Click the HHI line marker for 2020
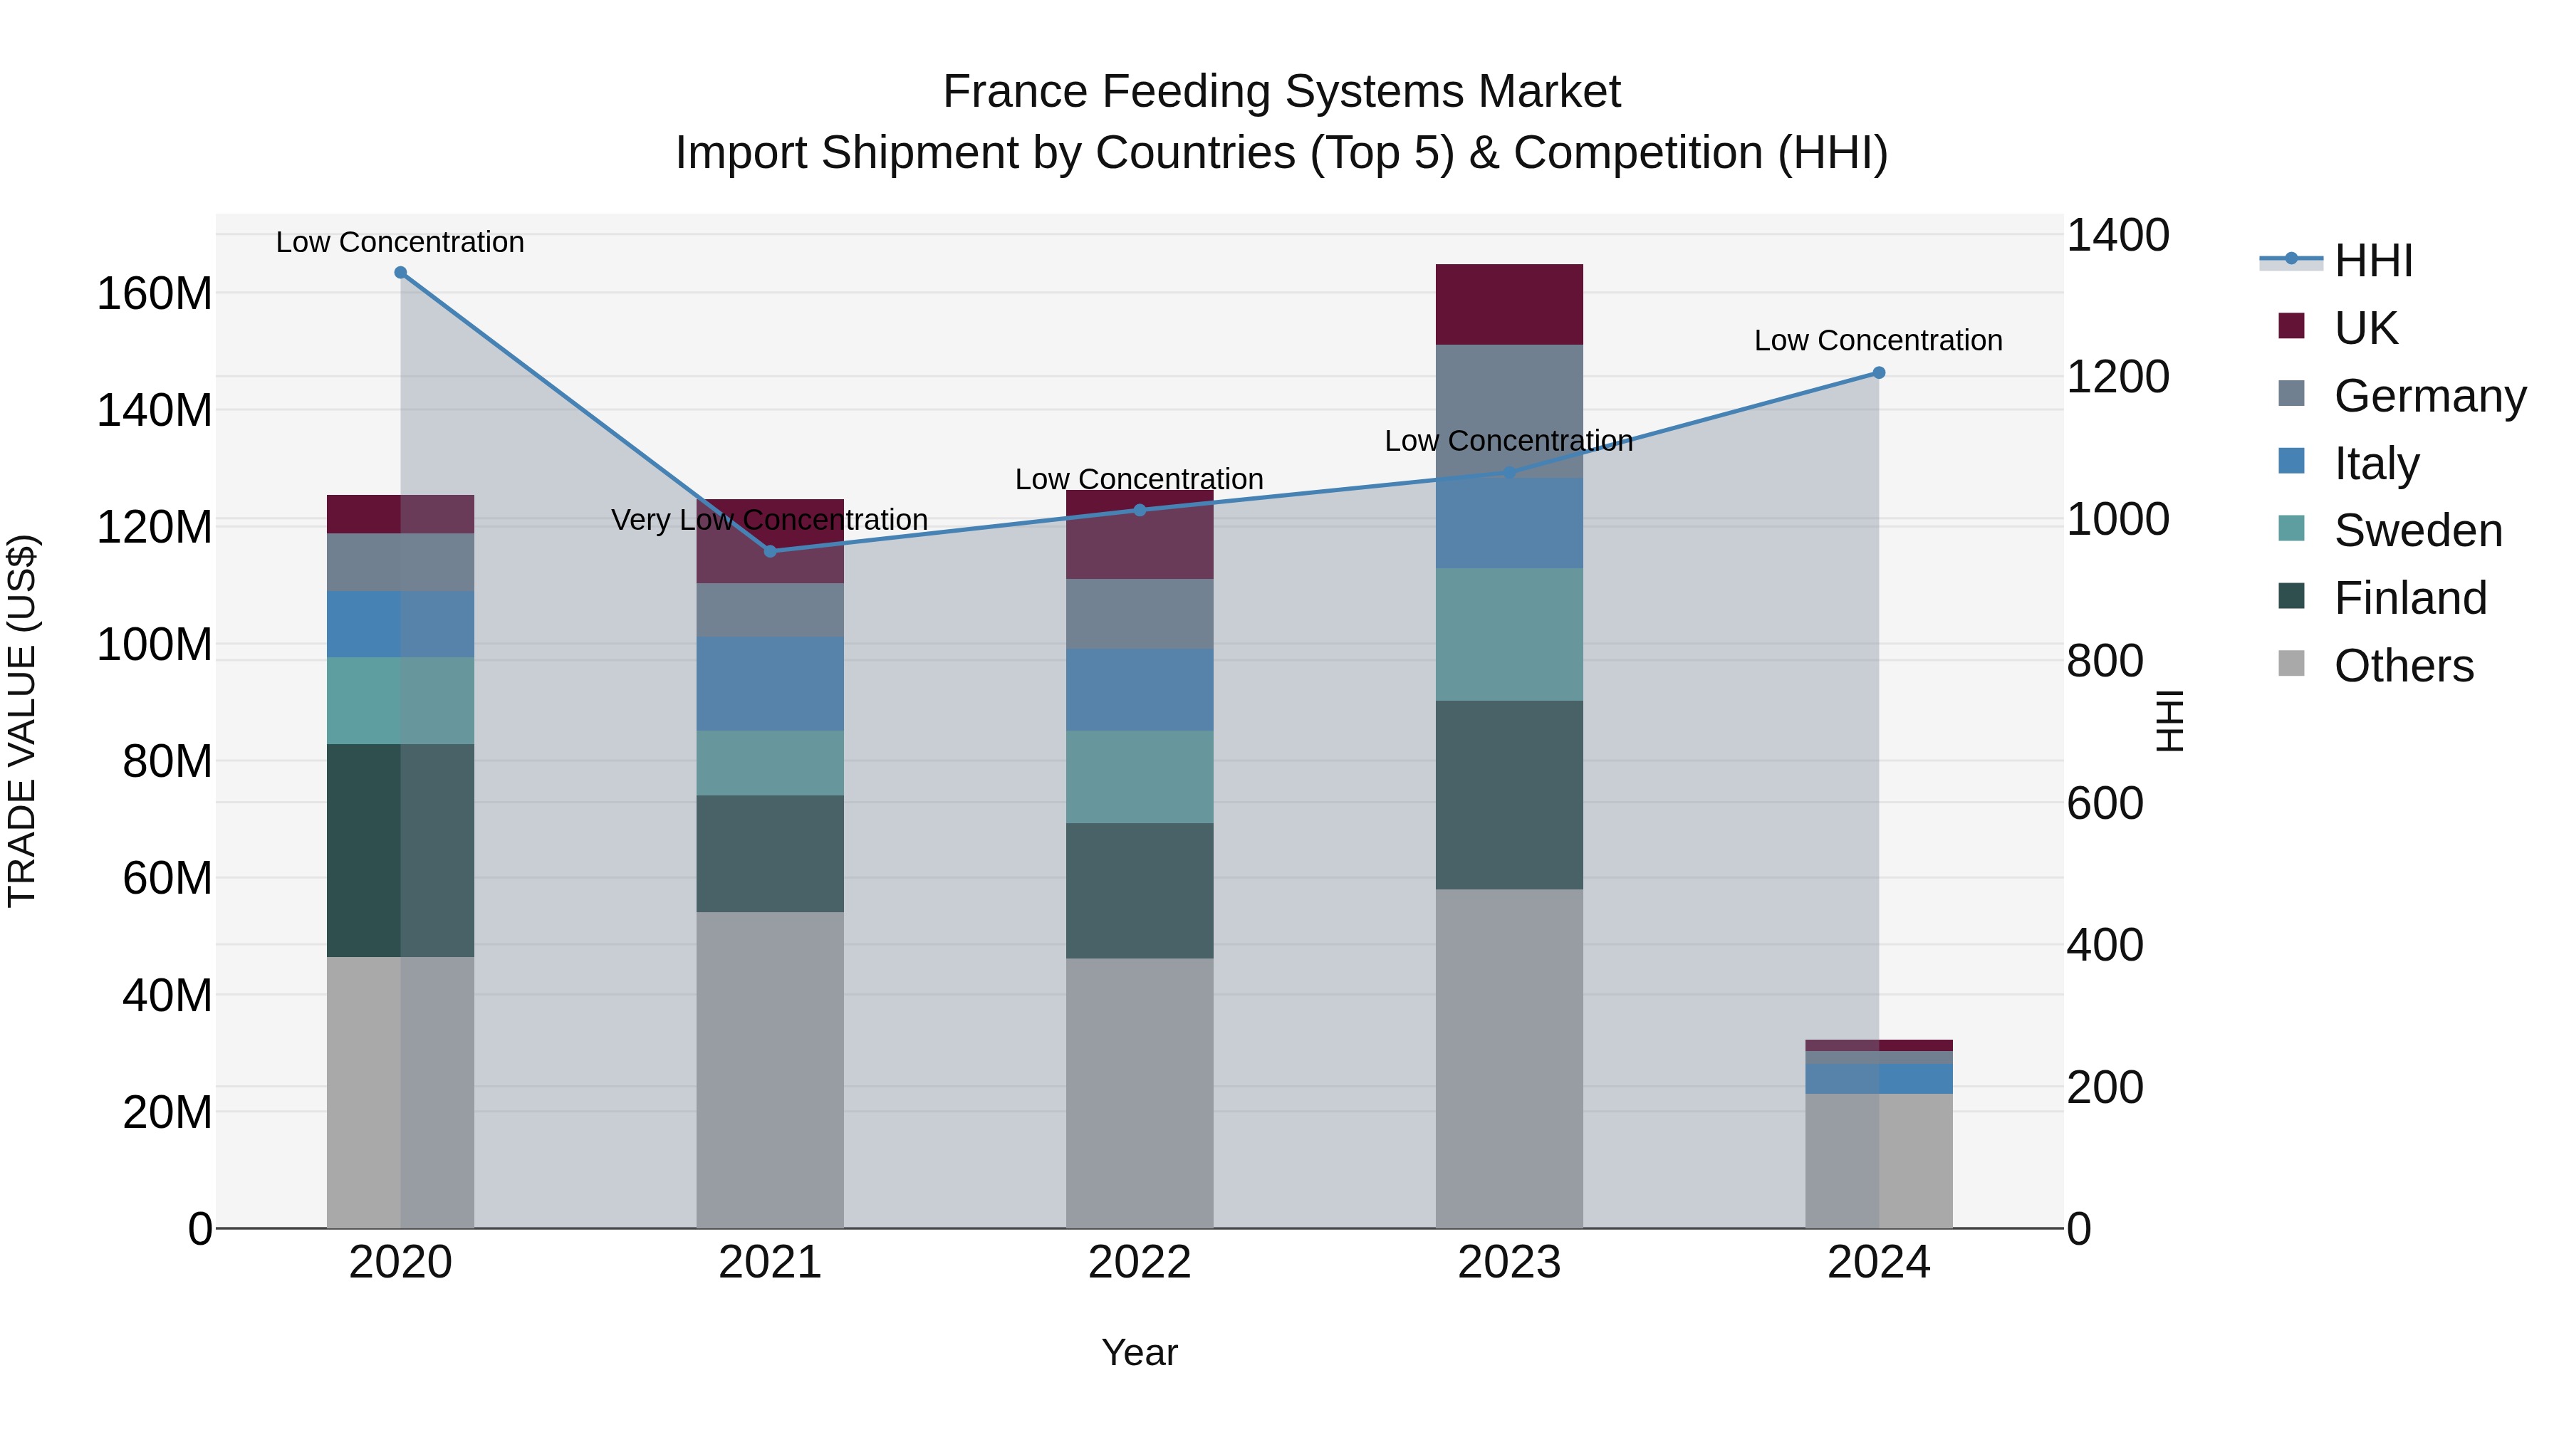pyautogui.click(x=400, y=273)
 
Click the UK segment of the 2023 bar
pyautogui.click(x=1509, y=305)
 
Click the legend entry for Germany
pyautogui.click(x=2429, y=396)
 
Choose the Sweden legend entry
pyautogui.click(x=2417, y=531)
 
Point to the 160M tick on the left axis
pyautogui.click(x=155, y=295)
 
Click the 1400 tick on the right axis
pyautogui.click(x=2117, y=236)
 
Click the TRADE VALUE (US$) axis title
pyautogui.click(x=22, y=721)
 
